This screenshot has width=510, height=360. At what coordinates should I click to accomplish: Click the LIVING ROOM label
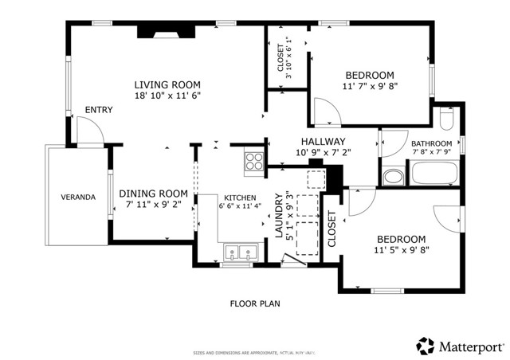(x=167, y=84)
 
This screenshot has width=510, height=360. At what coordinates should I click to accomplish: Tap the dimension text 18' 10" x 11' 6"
(x=167, y=96)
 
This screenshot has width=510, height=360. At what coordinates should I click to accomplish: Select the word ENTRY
(x=99, y=110)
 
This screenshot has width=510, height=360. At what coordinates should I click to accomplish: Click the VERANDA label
(x=78, y=197)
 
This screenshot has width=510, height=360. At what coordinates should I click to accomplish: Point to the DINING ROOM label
(x=153, y=194)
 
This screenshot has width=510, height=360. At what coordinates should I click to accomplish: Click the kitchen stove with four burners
(x=254, y=162)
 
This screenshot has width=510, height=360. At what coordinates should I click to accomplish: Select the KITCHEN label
(x=239, y=198)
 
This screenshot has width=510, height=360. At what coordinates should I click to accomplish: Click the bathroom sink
(x=393, y=176)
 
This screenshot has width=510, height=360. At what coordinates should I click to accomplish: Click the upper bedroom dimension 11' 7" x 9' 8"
(x=369, y=86)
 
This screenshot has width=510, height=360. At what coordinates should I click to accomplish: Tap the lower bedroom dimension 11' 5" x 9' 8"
(x=401, y=250)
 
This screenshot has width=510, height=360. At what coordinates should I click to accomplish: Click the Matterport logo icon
(x=425, y=346)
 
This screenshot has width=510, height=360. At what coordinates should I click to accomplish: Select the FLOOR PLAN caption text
(x=255, y=303)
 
